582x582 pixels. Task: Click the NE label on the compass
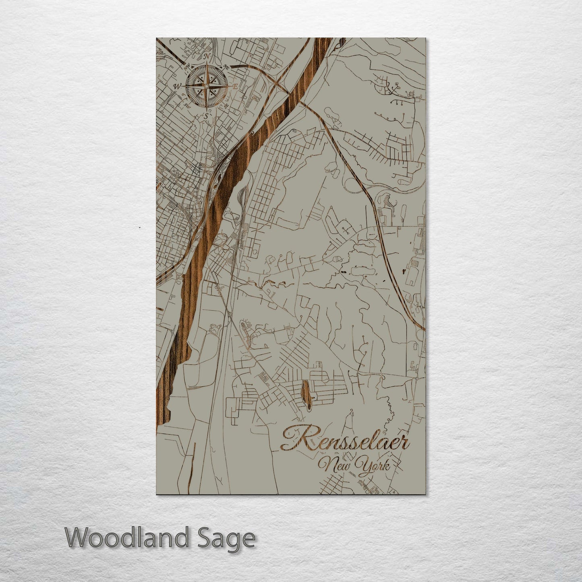click(227, 69)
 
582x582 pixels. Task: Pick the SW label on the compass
click(187, 106)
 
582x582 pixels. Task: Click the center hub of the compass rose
click(206, 86)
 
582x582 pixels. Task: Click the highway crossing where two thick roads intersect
click(278, 82)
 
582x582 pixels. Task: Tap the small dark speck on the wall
click(139, 227)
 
